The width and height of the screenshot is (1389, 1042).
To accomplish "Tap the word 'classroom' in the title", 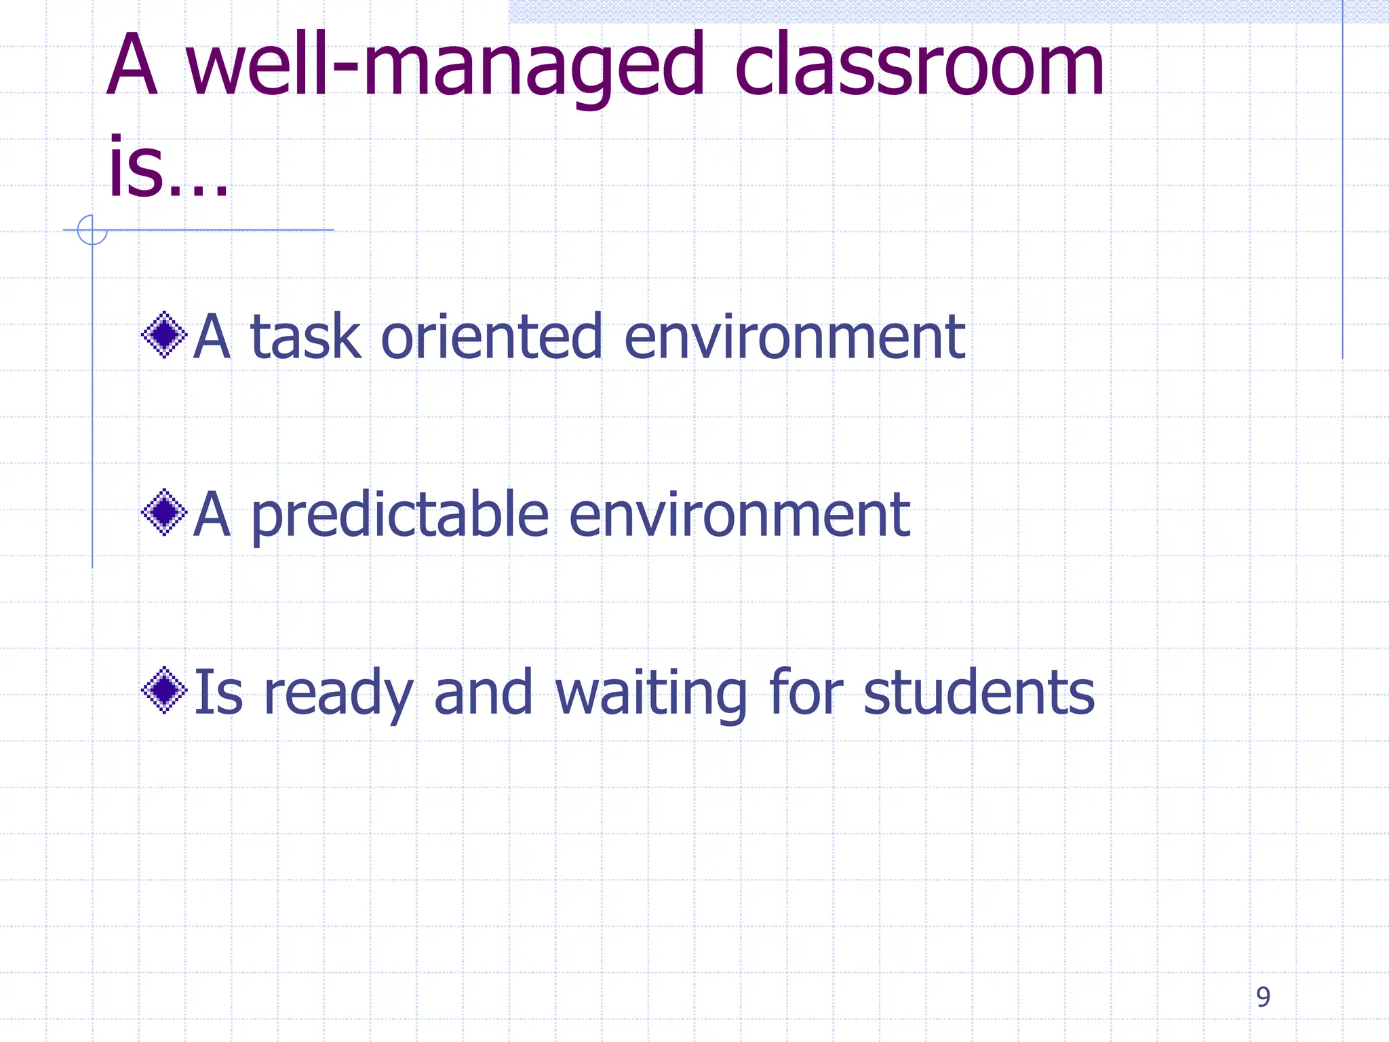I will [919, 66].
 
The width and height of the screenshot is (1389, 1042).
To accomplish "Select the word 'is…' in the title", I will [167, 168].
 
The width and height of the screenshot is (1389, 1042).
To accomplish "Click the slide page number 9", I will [1263, 997].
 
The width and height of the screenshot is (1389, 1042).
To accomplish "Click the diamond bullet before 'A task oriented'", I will [164, 334].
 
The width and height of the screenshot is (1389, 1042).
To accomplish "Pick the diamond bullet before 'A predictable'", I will [164, 512].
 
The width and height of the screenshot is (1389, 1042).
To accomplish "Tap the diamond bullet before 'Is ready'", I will [164, 691].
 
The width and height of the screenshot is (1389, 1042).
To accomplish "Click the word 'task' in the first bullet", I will [305, 336].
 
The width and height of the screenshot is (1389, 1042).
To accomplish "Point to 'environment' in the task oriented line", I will [794, 336].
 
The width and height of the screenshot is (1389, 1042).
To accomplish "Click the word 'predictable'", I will [399, 515].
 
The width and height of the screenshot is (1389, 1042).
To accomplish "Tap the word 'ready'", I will [338, 693].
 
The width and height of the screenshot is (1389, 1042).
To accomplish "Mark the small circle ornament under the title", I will [92, 230].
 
